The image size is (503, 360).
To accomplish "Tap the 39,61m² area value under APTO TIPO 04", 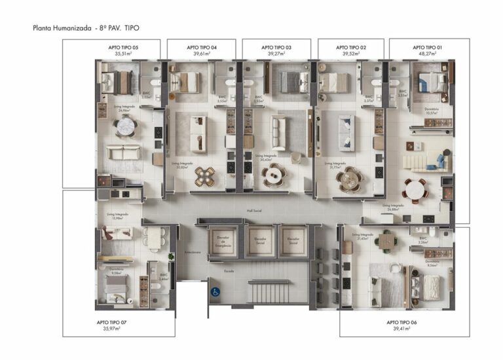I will click(201, 54).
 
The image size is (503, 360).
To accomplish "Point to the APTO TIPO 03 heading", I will click(276, 48).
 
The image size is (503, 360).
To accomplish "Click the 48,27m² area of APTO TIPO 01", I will click(427, 54).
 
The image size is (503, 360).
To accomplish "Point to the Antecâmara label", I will click(192, 252).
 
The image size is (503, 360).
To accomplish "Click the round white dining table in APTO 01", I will click(414, 189).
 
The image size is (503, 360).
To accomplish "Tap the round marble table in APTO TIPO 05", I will click(124, 126).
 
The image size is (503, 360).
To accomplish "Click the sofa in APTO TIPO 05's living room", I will click(124, 153).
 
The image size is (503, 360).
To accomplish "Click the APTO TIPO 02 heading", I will click(350, 48).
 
